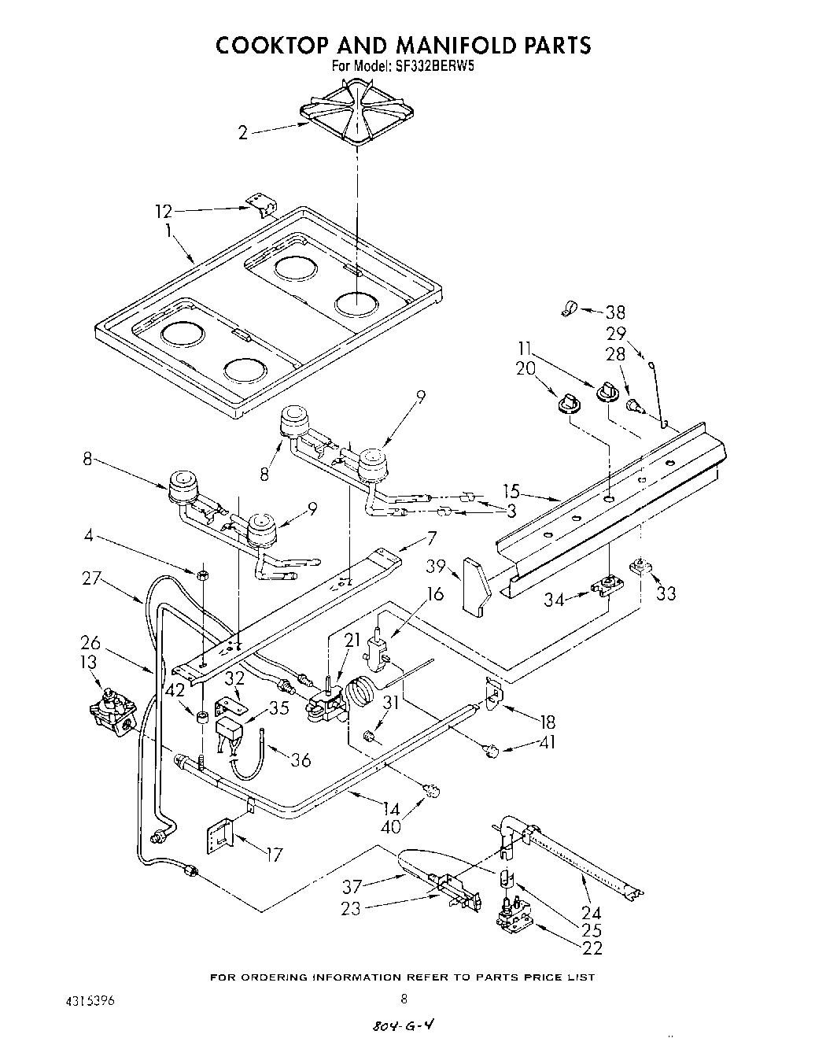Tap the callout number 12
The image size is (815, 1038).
[x=163, y=211]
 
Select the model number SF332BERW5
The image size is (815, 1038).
[x=434, y=67]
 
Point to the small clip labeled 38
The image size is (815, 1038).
[x=566, y=310]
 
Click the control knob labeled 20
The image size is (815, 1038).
[x=566, y=404]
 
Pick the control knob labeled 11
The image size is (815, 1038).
[x=607, y=390]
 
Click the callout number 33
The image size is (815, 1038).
[x=666, y=593]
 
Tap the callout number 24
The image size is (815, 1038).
[x=591, y=913]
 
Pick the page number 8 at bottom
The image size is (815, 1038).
[x=404, y=1000]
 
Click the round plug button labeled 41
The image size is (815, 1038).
[x=492, y=752]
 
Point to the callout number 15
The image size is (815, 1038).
[x=511, y=491]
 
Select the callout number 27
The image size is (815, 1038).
[x=92, y=578]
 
